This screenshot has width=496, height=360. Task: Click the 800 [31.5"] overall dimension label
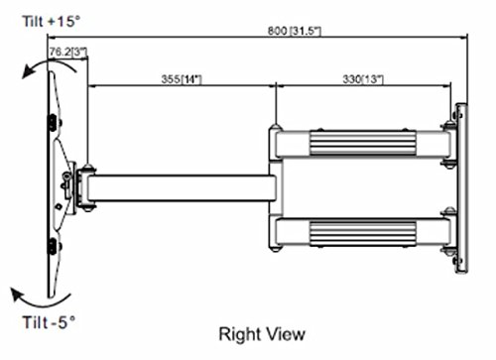pyautogui.click(x=294, y=31)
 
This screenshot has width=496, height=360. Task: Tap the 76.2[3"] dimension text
pyautogui.click(x=68, y=52)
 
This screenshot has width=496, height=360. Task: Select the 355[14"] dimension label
pyautogui.click(x=182, y=79)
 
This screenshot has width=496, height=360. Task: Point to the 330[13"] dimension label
pyautogui.click(x=363, y=79)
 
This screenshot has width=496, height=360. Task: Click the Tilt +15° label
pyautogui.click(x=52, y=22)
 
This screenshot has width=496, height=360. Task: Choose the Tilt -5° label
pyautogui.click(x=49, y=322)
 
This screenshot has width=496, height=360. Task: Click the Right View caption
pyautogui.click(x=262, y=334)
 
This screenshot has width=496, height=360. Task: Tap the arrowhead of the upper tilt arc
pyautogui.click(x=28, y=72)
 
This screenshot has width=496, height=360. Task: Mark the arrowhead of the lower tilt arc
pyautogui.click(x=17, y=295)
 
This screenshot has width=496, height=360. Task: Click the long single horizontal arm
pyautogui.click(x=182, y=188)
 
